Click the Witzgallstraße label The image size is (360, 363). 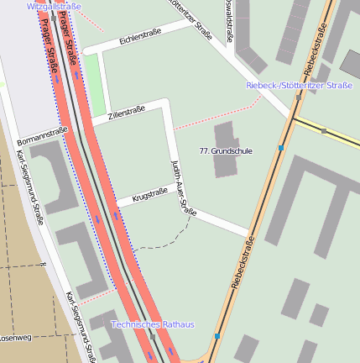click(x=54, y=6)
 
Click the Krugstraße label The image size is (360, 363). click(x=149, y=195)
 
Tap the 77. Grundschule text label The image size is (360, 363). click(x=225, y=150)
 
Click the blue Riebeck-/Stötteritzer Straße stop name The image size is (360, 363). click(x=299, y=86)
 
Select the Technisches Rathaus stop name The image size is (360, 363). click(x=153, y=324)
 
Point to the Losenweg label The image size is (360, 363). click(x=15, y=338)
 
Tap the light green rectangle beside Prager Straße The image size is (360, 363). click(x=95, y=84)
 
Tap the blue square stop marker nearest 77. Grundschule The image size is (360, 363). click(x=281, y=148)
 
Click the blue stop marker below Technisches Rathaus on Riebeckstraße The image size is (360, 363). click(x=217, y=336)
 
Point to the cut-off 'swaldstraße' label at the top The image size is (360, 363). click(x=229, y=21)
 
